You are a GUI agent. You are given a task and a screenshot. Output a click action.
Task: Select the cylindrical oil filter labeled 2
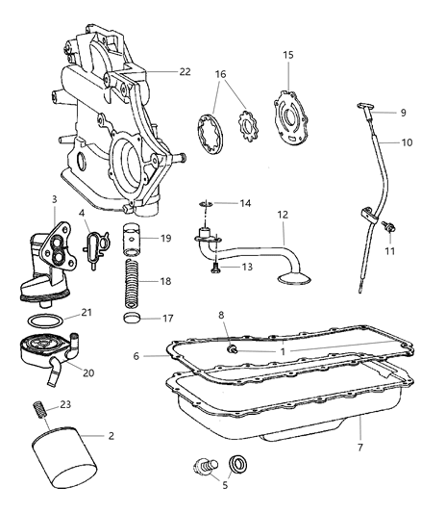(63, 466)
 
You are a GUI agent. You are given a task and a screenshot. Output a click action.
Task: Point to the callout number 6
(136, 355)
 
